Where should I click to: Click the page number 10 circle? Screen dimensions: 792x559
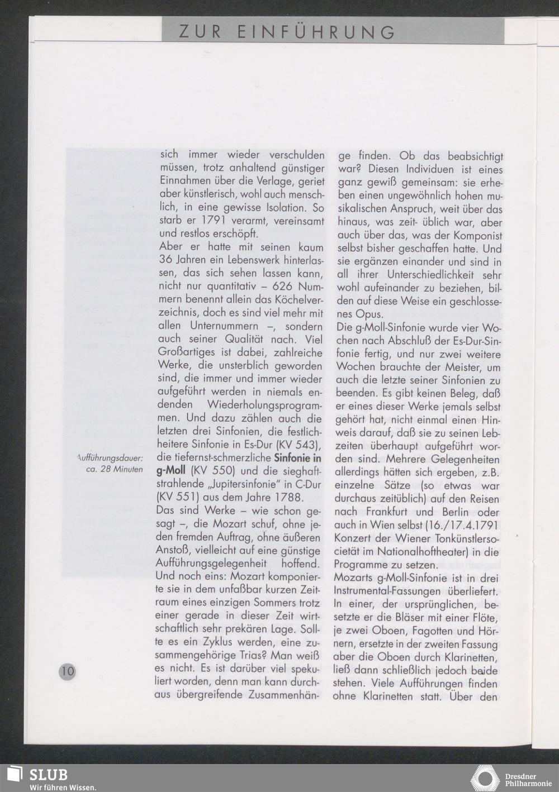tap(68, 670)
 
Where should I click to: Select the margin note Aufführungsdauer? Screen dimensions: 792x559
tap(110, 458)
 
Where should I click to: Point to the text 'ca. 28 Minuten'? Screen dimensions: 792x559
tap(115, 469)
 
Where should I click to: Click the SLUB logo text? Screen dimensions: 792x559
tap(48, 775)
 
